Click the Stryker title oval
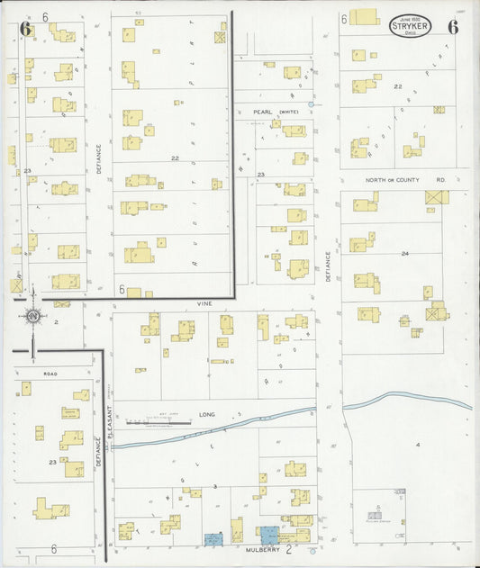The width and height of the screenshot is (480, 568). coord(410,25)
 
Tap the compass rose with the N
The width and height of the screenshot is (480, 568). coord(32,316)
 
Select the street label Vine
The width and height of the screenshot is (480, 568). coord(204,304)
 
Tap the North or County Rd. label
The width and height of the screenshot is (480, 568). coord(405,180)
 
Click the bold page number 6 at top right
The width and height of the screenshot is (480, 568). coord(453,27)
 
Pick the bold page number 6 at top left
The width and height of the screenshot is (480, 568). coord(25,29)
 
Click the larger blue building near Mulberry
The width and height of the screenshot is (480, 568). coord(270,534)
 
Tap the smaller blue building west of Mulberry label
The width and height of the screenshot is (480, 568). coord(213,539)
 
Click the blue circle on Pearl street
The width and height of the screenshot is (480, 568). coord(311,105)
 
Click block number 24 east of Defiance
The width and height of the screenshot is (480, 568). coord(405,254)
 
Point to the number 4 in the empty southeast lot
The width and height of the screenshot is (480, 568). coord(418,445)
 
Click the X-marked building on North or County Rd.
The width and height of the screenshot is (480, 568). coord(438,196)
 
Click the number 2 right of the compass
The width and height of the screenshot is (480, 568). coord(56,320)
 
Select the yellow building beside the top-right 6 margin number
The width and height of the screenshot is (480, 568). coord(365,17)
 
